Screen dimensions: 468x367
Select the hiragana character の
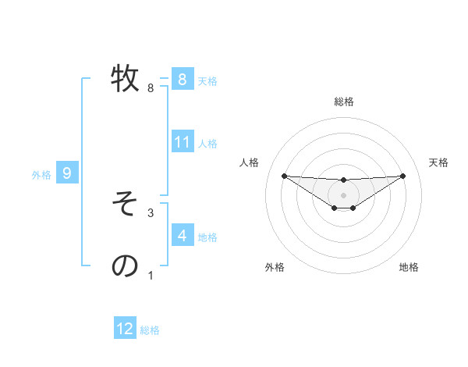pyautogui.click(x=125, y=265)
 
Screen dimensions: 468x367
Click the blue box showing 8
pyautogui.click(x=182, y=79)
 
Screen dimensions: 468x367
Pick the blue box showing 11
pyautogui.click(x=183, y=142)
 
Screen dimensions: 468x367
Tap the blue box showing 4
pyautogui.click(x=182, y=235)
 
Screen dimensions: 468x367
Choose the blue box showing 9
pyautogui.click(x=67, y=173)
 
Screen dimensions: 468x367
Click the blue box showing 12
pyautogui.click(x=125, y=329)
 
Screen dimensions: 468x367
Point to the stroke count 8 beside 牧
pyautogui.click(x=151, y=88)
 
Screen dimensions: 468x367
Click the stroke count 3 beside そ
pyautogui.click(x=151, y=212)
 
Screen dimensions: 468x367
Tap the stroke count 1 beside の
pyautogui.click(x=151, y=275)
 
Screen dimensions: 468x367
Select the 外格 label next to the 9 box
pyautogui.click(x=41, y=175)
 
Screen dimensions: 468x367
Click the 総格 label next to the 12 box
pyautogui.click(x=150, y=330)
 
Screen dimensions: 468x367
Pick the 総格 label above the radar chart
pyautogui.click(x=343, y=102)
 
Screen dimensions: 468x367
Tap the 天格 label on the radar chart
pyautogui.click(x=439, y=162)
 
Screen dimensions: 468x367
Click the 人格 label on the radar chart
pyautogui.click(x=249, y=162)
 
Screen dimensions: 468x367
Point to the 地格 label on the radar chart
pyautogui.click(x=409, y=268)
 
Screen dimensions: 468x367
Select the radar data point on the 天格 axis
pyautogui.click(x=402, y=176)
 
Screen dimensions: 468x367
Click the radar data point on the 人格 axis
pyautogui.click(x=284, y=176)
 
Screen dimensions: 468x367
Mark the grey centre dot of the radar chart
pyautogui.click(x=343, y=194)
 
